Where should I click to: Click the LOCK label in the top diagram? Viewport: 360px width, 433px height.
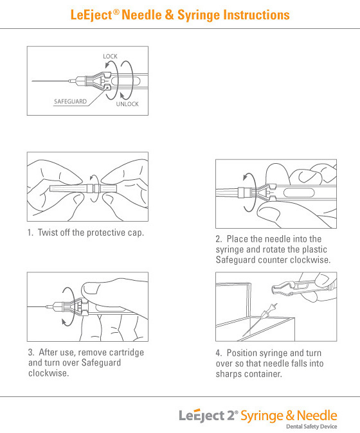pos(110,57)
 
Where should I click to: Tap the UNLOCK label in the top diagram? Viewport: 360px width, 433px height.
pos(127,104)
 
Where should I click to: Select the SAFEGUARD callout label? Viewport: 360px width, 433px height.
pos(71,102)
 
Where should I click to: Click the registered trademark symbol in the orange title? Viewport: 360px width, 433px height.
pos(116,12)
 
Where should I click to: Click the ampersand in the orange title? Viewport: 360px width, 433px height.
pos(169,15)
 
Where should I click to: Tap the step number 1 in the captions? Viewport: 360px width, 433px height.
pos(30,233)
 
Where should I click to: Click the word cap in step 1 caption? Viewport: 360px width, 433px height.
pos(136,233)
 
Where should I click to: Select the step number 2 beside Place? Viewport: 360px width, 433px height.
pos(219,239)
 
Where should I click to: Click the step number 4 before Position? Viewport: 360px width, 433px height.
pos(219,353)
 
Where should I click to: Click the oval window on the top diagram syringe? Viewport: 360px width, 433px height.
pos(138,82)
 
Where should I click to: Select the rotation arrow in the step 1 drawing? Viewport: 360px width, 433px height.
pos(94,188)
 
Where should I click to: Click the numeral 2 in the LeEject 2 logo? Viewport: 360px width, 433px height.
pos(231,416)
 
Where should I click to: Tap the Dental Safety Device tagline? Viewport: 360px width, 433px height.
pos(311,427)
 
